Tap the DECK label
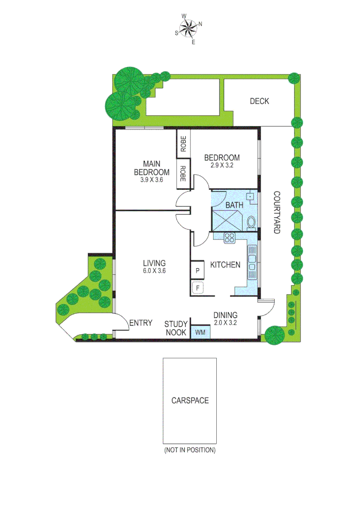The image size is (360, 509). click(259, 101)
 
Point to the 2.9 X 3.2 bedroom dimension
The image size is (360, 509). click(222, 165)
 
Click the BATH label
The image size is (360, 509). click(234, 205)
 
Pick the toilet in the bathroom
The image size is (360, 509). click(251, 221)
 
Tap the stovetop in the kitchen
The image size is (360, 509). click(230, 238)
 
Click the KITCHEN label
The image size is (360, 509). click(225, 265)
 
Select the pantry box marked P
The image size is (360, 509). click(197, 271)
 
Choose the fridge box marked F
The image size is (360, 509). click(197, 287)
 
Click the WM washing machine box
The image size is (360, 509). click(200, 332)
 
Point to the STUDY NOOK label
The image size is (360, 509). click(176, 328)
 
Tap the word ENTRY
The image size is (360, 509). click(140, 323)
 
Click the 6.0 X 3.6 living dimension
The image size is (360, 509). click(155, 271)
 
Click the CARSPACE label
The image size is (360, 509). click(190, 401)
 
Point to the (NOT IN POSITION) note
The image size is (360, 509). click(190, 450)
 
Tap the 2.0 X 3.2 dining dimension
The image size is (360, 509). click(225, 323)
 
